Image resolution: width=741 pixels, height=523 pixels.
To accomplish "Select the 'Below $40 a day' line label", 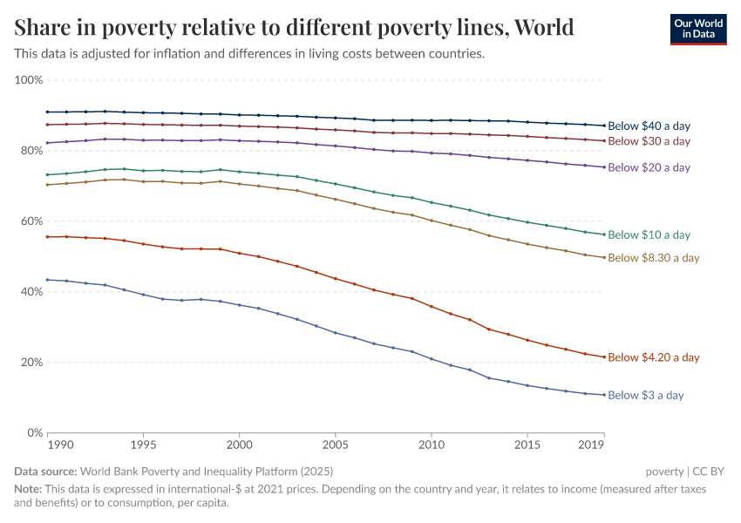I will (649, 126).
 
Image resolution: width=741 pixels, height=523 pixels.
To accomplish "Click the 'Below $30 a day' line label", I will (649, 141).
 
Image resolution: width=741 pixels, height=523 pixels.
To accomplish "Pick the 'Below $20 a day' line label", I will (649, 167).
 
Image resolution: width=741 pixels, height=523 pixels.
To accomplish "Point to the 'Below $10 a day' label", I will (649, 234).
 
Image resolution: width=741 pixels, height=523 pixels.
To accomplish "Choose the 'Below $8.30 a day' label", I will (653, 258).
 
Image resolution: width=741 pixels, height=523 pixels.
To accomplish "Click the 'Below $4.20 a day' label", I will (653, 357).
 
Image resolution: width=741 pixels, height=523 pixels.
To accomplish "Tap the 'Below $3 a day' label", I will (645, 396).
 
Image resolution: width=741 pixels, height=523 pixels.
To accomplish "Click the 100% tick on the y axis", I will (29, 80).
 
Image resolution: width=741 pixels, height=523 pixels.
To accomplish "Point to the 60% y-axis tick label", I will (31, 221).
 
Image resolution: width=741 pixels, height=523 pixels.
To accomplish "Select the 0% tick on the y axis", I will (34, 432).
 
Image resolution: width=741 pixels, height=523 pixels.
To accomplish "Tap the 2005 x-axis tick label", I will (335, 445).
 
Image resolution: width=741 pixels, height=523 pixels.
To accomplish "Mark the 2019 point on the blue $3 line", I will (603, 395).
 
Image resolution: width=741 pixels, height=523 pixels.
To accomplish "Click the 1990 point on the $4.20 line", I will (48, 237).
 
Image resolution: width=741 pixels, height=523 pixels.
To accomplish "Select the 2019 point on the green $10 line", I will (603, 234).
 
